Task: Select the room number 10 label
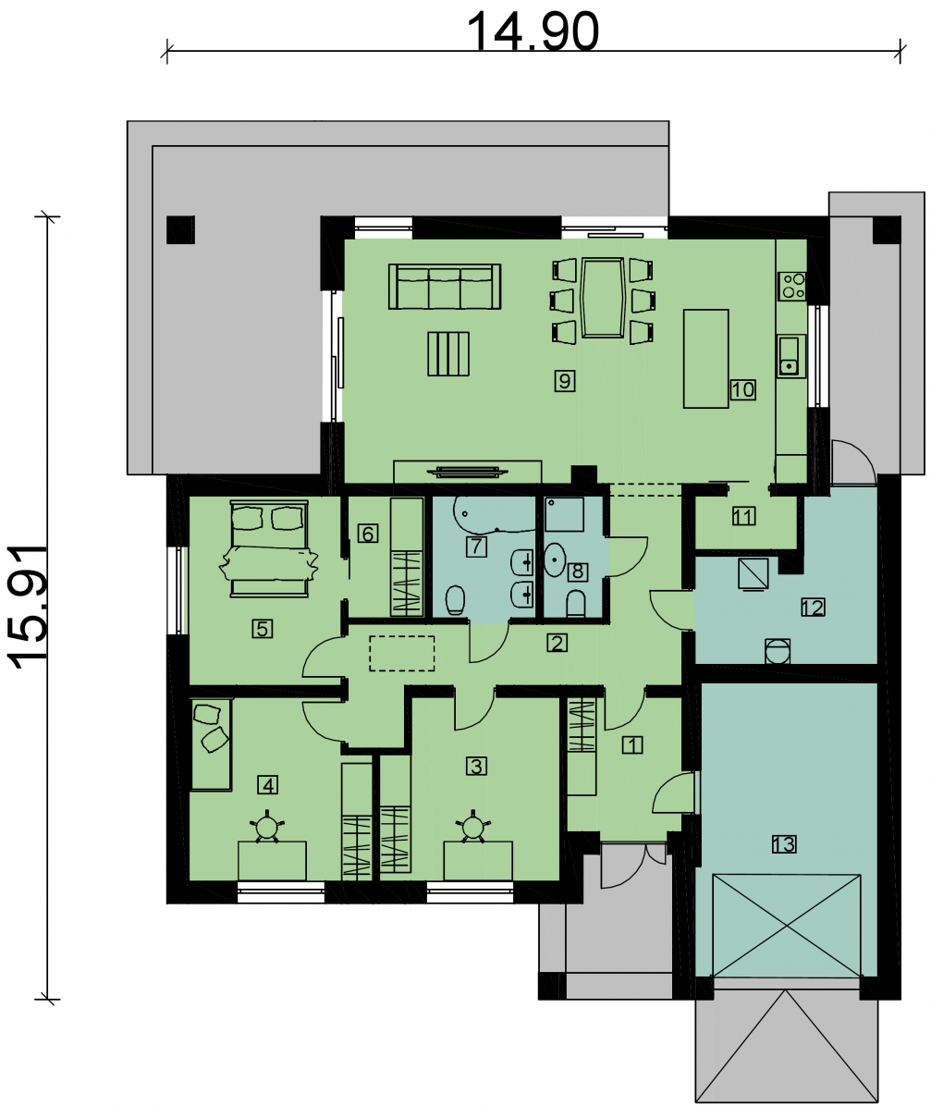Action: pyautogui.click(x=742, y=389)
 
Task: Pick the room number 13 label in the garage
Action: pyautogui.click(x=783, y=843)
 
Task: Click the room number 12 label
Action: pyautogui.click(x=813, y=608)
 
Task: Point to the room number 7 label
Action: pyautogui.click(x=475, y=546)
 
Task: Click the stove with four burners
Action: pyautogui.click(x=792, y=284)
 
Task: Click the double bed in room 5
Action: pyautogui.click(x=267, y=547)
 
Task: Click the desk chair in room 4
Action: pyautogui.click(x=268, y=826)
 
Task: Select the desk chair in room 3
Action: pyautogui.click(x=473, y=826)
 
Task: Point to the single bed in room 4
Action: pyautogui.click(x=211, y=743)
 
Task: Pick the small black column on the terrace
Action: pyautogui.click(x=180, y=229)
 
